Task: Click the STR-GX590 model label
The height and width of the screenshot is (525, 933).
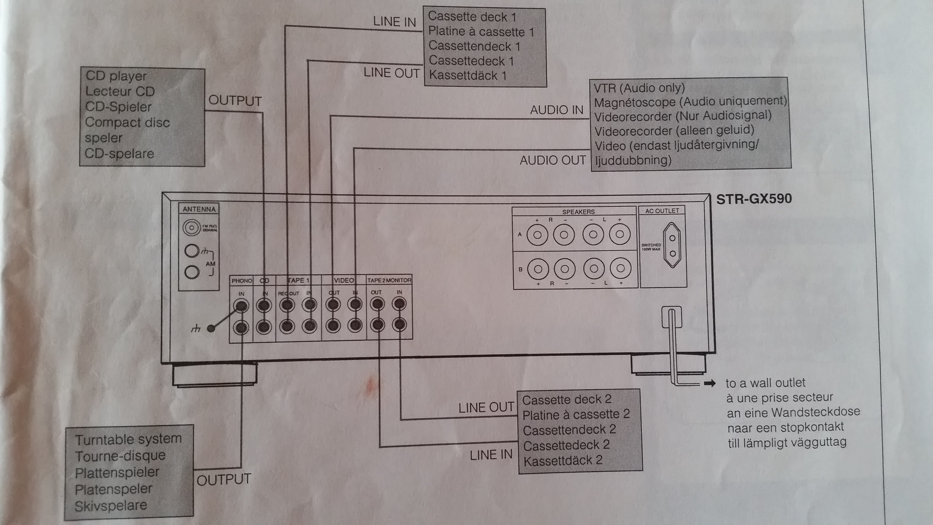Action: tap(754, 199)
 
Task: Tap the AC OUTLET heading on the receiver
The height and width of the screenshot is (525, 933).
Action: tap(662, 211)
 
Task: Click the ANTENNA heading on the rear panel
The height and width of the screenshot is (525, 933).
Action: tap(199, 209)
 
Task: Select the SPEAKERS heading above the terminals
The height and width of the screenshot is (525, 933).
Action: tap(578, 212)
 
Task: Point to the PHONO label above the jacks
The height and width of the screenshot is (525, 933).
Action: tap(241, 281)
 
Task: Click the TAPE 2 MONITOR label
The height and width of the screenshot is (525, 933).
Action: tap(389, 280)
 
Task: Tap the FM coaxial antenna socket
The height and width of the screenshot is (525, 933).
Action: tap(192, 227)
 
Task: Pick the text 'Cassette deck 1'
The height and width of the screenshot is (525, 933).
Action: tap(472, 17)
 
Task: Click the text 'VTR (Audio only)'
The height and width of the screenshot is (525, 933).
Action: tap(639, 87)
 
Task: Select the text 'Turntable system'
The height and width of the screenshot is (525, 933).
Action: tap(128, 439)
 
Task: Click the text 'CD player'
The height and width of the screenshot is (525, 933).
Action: tap(116, 76)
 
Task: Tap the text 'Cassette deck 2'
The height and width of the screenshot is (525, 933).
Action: tap(566, 400)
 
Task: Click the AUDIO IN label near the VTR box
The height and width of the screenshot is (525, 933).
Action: tap(556, 110)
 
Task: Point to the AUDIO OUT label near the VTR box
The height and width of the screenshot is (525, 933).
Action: tap(552, 160)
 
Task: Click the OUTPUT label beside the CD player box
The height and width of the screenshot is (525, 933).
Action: tap(235, 101)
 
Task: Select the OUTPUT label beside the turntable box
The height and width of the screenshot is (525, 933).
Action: tap(224, 480)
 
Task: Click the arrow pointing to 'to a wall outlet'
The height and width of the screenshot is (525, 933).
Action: tap(709, 383)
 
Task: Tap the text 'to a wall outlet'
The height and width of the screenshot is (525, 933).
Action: tap(765, 383)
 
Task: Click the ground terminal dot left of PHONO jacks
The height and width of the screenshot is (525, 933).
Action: tap(210, 328)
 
